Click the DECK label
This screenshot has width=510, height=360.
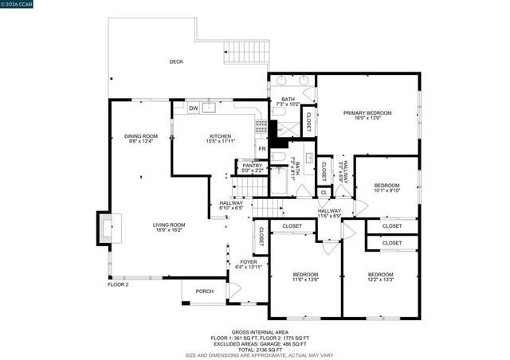176,61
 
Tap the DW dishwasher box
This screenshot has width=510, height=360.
194,108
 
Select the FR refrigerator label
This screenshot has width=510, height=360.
261,149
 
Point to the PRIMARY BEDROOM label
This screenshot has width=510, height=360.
368,113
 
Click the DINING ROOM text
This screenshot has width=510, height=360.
141,136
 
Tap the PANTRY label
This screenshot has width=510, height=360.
241,166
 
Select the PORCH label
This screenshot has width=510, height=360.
205,292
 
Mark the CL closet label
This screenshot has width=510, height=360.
324,192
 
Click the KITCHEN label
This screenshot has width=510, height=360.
220,136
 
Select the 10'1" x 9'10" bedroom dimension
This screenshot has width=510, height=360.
386,191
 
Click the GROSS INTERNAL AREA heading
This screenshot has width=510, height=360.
261,332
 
